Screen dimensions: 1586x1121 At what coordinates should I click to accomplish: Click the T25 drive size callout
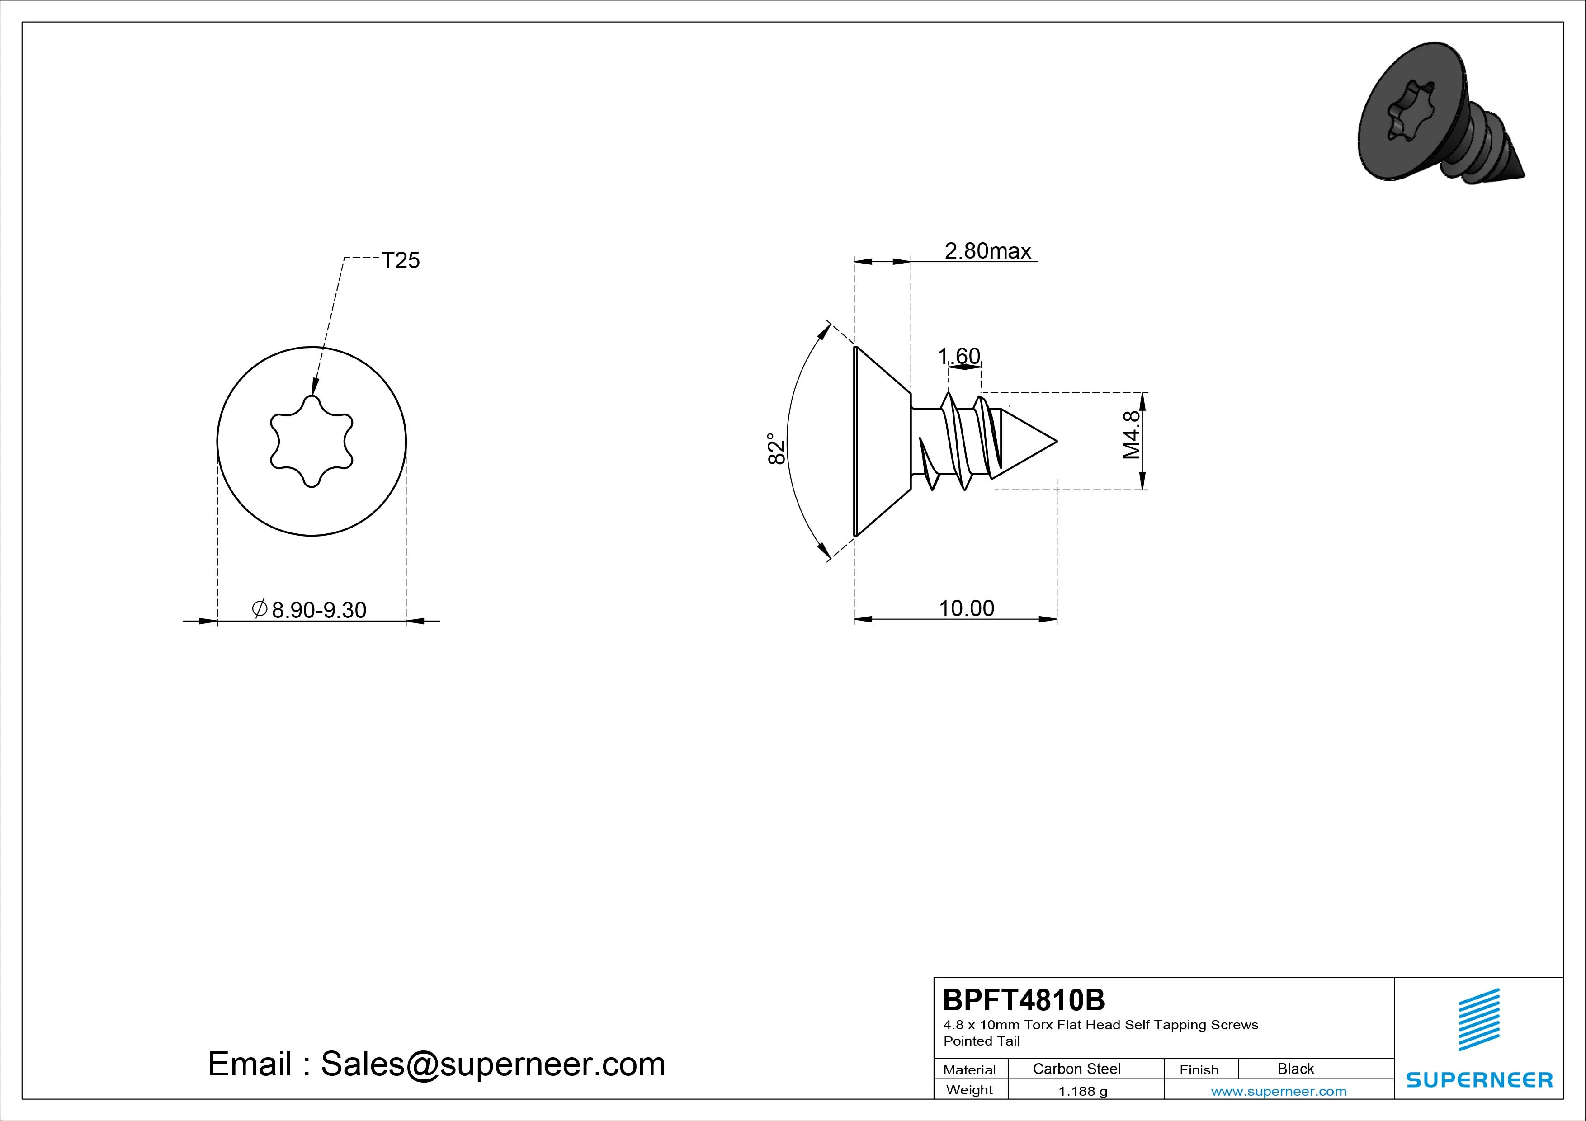(401, 260)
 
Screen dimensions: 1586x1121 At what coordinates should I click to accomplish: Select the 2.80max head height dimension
(988, 251)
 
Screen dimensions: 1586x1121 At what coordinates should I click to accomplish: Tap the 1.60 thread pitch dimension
(959, 356)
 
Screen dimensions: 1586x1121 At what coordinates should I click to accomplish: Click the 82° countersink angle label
(776, 448)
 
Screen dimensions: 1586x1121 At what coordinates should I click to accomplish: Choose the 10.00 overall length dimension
(966, 608)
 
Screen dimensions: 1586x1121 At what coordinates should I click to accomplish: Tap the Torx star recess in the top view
(312, 441)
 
